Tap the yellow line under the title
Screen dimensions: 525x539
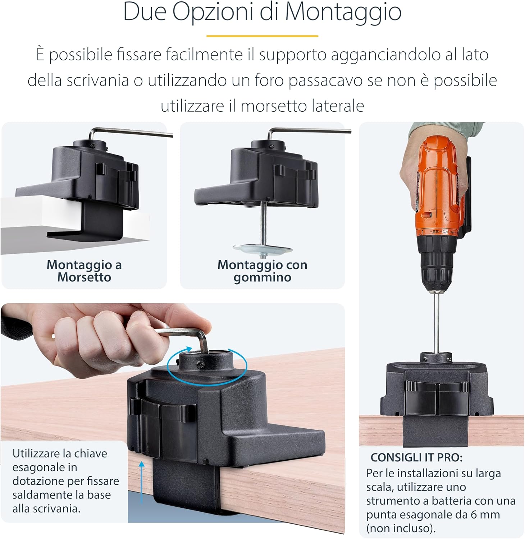(262, 36)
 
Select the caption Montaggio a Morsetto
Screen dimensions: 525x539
(84, 271)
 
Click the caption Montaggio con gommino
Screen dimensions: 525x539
(262, 271)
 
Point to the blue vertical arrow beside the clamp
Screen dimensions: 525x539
(141, 482)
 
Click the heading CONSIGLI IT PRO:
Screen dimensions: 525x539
(416, 458)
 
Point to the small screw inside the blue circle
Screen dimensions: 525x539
(201, 365)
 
